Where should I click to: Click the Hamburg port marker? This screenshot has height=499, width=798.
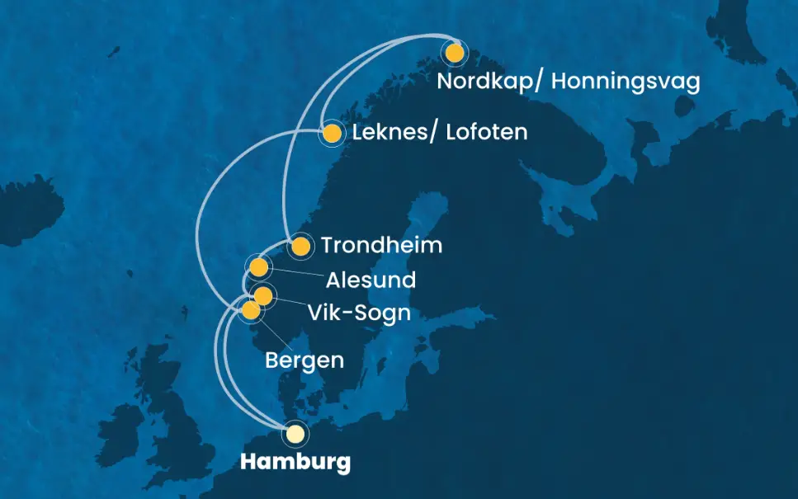(x=295, y=433)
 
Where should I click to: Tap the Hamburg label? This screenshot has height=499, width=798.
(x=295, y=463)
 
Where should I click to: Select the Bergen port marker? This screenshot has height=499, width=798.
(x=250, y=310)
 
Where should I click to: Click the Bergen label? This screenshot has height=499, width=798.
(x=305, y=360)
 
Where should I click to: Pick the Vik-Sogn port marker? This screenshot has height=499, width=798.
(x=262, y=295)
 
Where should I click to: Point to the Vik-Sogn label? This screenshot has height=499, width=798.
(x=359, y=313)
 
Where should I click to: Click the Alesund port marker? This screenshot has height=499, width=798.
(x=258, y=267)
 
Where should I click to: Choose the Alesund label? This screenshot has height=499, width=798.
(x=371, y=280)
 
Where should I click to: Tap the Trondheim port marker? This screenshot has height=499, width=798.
(x=300, y=246)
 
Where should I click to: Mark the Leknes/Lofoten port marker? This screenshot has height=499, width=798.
(x=332, y=134)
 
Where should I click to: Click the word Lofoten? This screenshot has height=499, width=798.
(x=486, y=132)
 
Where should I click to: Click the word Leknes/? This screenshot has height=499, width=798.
(x=394, y=132)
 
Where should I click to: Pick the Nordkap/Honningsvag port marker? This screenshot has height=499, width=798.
(x=453, y=54)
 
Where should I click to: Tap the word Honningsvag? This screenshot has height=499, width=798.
(x=625, y=82)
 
